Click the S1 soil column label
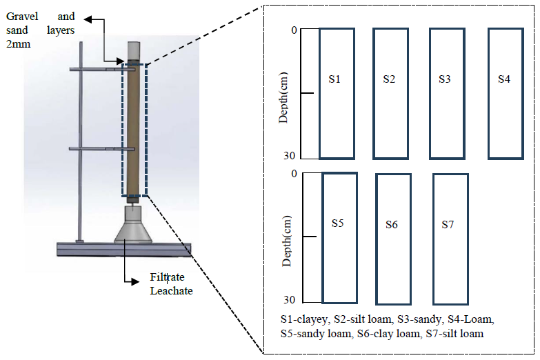click(x=334, y=79)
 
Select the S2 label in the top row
click(x=389, y=79)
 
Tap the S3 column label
click(x=445, y=79)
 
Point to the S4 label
click(x=504, y=79)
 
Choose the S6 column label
click(x=392, y=225)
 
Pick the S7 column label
click(x=448, y=225)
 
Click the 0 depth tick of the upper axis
click(x=294, y=30)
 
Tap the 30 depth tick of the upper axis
click(x=291, y=156)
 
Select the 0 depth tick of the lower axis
click(x=294, y=173)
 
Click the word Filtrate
click(x=168, y=277)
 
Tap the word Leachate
click(x=171, y=290)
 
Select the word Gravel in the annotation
click(x=22, y=16)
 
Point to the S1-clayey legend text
click(x=304, y=320)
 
